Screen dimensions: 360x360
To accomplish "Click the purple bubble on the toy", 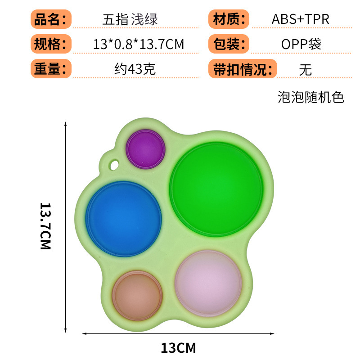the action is tap(145, 149).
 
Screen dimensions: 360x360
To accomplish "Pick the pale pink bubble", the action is tap(208, 277).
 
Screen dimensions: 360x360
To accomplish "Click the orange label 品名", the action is tap(51, 19).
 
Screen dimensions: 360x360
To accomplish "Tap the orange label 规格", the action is tap(51, 44).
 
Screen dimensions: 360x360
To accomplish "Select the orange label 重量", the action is tap(51, 69).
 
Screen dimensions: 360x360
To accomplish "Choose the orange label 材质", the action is tap(229, 19).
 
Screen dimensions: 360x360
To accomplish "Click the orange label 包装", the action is tap(229, 44).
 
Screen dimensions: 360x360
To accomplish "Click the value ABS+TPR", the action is tap(300, 19).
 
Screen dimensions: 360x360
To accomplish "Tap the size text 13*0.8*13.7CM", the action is tap(139, 45).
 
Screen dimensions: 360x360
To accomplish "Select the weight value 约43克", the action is tap(135, 70).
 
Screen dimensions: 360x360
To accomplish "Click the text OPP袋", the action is tap(301, 45).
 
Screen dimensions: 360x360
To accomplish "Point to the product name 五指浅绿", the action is tap(130, 19).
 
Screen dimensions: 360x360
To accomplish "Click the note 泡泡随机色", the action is tap(310, 97).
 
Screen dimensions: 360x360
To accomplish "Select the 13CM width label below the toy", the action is tap(179, 347).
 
